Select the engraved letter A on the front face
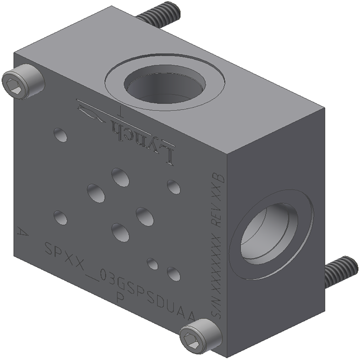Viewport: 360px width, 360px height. click(23, 232)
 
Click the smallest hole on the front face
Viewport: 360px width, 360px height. click(152, 263)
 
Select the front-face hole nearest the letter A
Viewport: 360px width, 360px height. click(60, 218)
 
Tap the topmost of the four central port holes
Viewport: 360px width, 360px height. click(120, 177)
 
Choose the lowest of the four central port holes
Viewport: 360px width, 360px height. click(120, 232)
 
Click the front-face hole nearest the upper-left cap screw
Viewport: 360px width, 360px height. click(60, 134)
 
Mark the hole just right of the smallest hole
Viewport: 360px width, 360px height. click(173, 274)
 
